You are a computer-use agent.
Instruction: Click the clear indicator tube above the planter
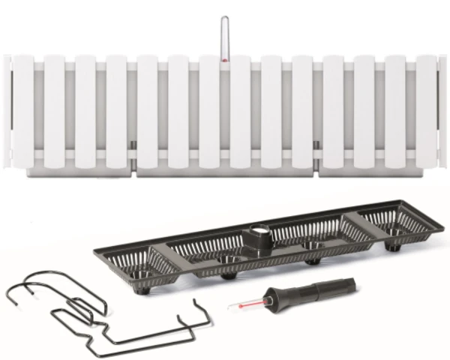tap(223, 36)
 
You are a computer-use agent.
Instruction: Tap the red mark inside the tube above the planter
tap(223, 55)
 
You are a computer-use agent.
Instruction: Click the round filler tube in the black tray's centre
tap(259, 238)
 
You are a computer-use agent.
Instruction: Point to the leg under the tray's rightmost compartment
tap(391, 245)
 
